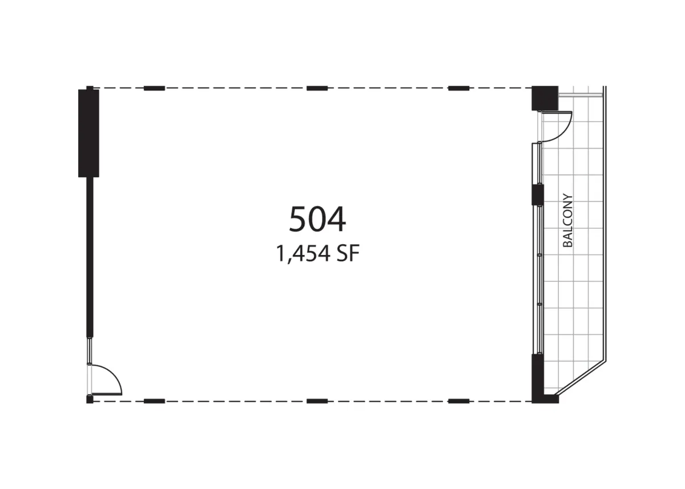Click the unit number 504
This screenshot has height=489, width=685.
pos(317,219)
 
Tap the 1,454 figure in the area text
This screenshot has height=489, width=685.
pos(303,254)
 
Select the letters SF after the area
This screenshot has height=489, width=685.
pos(348,253)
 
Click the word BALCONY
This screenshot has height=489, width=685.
pos(567,220)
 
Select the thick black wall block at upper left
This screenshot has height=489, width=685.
pos(88,133)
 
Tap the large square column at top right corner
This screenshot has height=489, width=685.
pos(545,98)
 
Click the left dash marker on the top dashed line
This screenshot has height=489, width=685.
pos(155,88)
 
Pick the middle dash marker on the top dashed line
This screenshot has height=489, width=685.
pos(317,88)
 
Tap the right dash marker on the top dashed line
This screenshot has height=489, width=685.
pos(458,88)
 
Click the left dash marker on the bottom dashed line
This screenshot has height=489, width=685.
pos(155,401)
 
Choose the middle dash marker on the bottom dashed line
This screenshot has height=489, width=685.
pos(317,401)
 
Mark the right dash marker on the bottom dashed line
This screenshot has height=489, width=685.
pos(458,401)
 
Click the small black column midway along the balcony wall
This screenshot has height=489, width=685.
pos(538,195)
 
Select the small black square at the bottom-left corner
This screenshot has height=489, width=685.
pos(90,399)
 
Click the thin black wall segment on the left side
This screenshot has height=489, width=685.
pos(90,257)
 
